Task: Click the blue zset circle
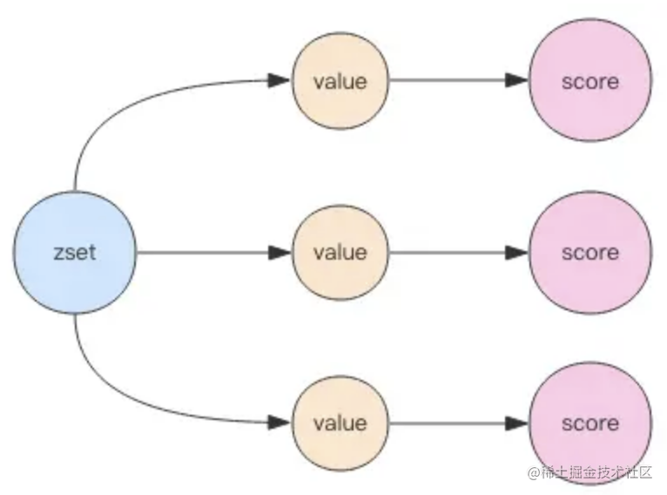(x=75, y=253)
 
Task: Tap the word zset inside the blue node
(x=75, y=253)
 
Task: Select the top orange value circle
(x=340, y=80)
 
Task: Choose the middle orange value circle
(x=340, y=253)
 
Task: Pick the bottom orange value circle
(x=340, y=423)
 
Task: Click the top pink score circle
(x=590, y=80)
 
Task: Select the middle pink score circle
(x=590, y=253)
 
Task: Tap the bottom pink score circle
(x=590, y=423)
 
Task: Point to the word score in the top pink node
(x=590, y=82)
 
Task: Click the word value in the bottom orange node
(x=340, y=423)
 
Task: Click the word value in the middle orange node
(x=340, y=253)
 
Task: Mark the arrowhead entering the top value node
(x=279, y=80)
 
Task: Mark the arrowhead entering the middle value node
(x=279, y=253)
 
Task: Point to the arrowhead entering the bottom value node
(x=279, y=423)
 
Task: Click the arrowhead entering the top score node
(x=516, y=80)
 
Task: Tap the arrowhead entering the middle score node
(x=516, y=253)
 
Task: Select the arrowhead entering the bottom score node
(x=516, y=423)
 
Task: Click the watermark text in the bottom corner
(x=590, y=472)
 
